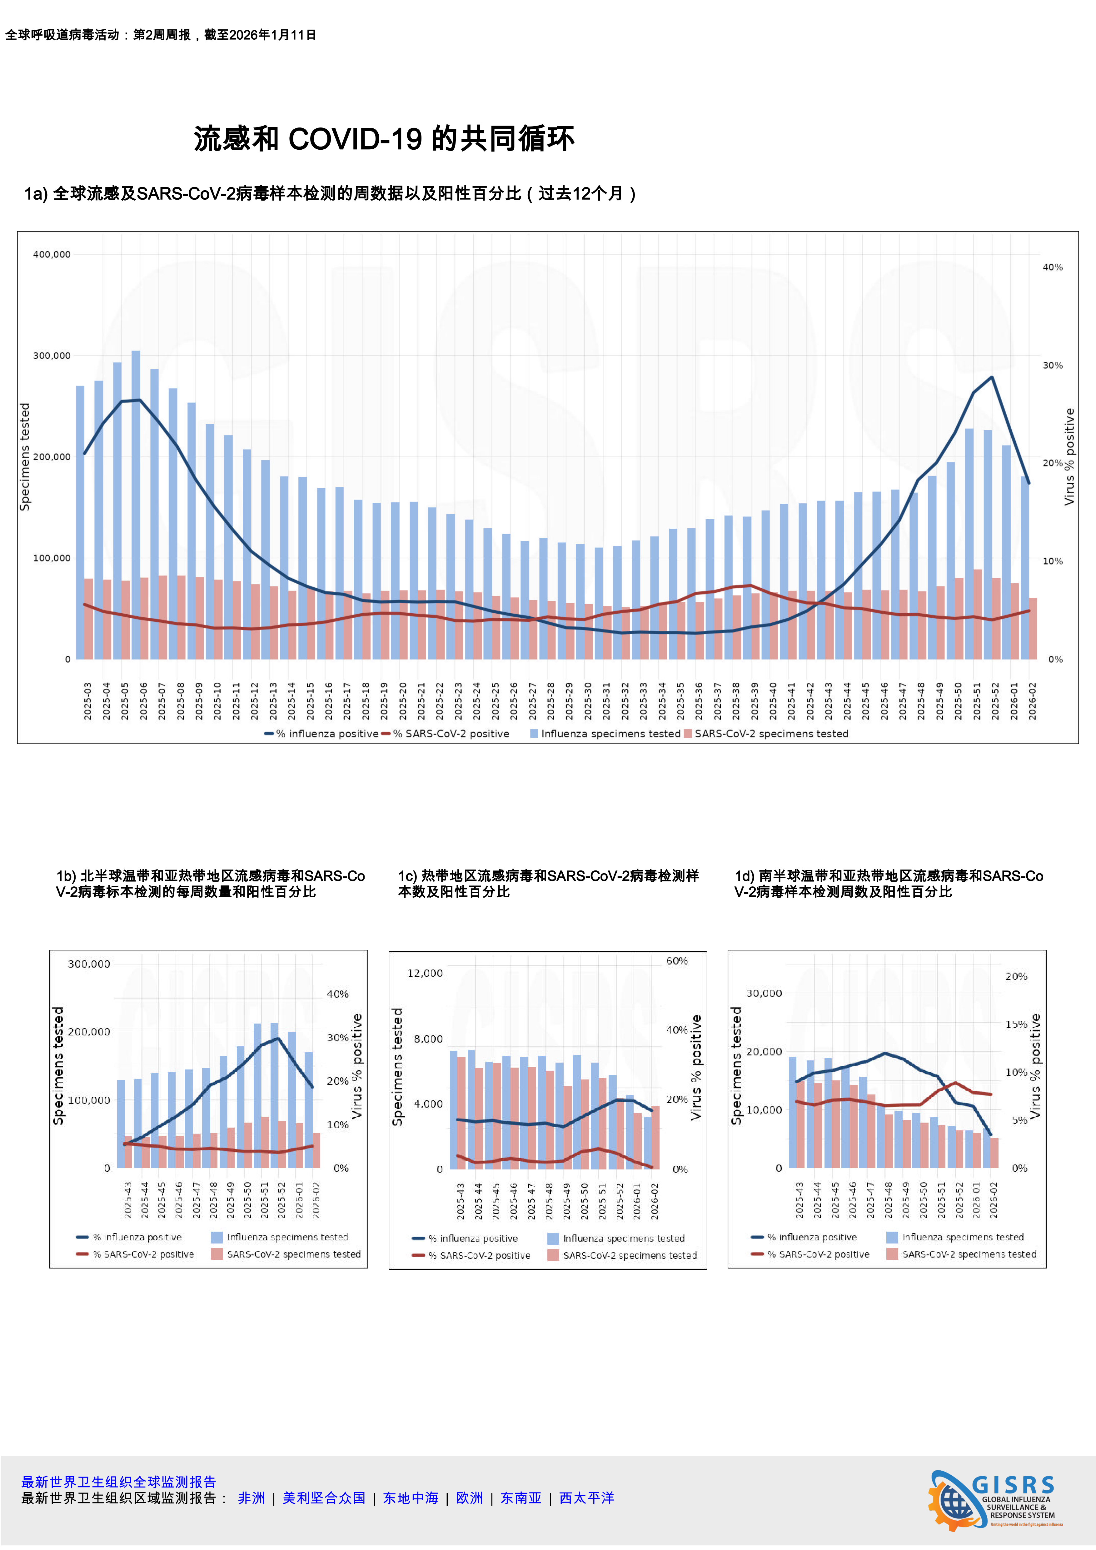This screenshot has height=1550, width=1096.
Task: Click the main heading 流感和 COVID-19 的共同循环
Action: tap(383, 139)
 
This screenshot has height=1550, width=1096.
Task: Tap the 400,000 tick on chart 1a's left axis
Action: tap(52, 255)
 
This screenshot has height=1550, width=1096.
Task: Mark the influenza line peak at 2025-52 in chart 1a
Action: tap(991, 377)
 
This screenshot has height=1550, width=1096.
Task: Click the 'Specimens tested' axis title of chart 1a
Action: tap(25, 457)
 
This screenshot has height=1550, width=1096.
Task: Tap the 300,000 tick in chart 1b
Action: tap(89, 964)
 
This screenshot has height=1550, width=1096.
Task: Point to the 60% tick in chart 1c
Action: tap(677, 961)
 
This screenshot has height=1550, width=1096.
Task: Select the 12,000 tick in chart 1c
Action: tap(425, 973)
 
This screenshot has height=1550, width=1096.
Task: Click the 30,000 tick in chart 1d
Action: tap(764, 993)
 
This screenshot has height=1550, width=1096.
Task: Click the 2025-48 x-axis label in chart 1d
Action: tap(888, 1200)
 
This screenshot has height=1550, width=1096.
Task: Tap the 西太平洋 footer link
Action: tap(586, 1498)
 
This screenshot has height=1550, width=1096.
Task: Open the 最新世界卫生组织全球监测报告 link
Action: tap(119, 1482)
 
